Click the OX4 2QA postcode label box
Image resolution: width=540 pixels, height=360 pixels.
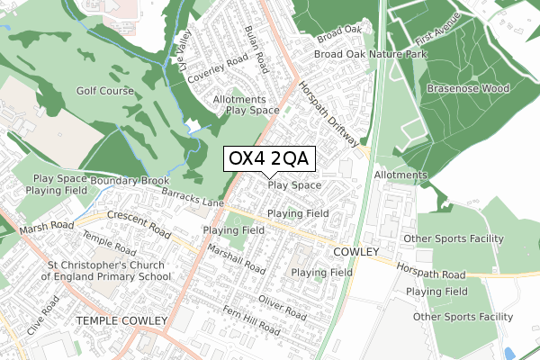click(268, 158)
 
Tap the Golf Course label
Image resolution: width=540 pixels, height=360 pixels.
click(104, 91)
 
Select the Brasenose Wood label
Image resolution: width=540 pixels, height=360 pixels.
click(468, 89)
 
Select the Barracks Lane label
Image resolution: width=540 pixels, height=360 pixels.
click(193, 199)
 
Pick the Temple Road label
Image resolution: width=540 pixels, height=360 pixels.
click(107, 248)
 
